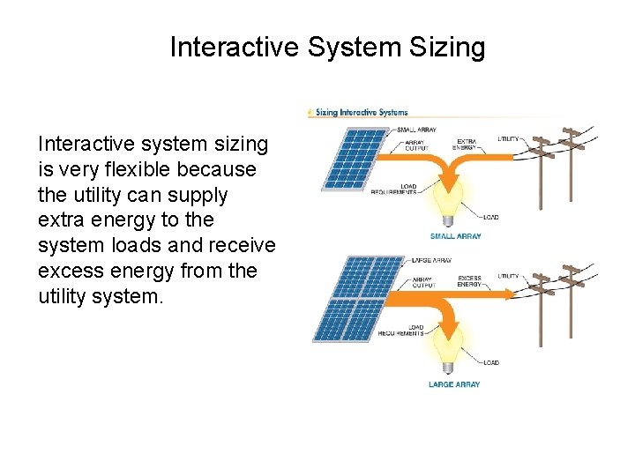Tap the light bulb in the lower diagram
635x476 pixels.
pyautogui.click(x=450, y=342)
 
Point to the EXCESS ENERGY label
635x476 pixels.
pyautogui.click(x=469, y=281)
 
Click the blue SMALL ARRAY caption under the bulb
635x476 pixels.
pyautogui.click(x=455, y=236)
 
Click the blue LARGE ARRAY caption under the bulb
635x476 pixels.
pyautogui.click(x=454, y=384)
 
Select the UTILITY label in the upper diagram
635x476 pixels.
pyautogui.click(x=508, y=139)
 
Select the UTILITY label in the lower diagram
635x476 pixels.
pyautogui.click(x=508, y=276)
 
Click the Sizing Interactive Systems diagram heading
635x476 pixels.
pyautogui.click(x=360, y=112)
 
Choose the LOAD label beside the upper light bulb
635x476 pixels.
pyautogui.click(x=490, y=216)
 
